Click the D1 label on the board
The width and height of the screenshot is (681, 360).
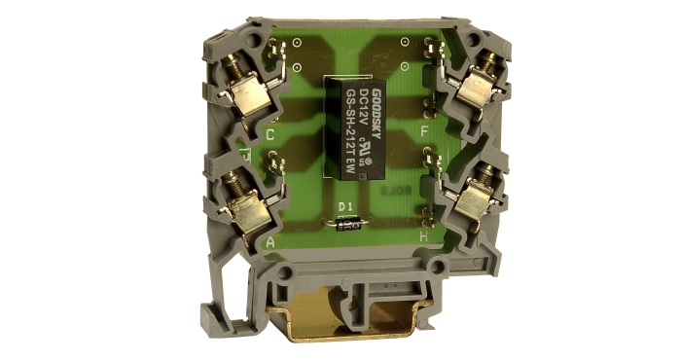coord(343,206)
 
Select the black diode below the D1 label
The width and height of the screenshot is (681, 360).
coord(348,224)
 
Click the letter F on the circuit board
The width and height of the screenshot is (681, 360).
coord(424,129)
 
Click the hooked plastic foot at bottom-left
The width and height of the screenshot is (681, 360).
coord(216,316)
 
